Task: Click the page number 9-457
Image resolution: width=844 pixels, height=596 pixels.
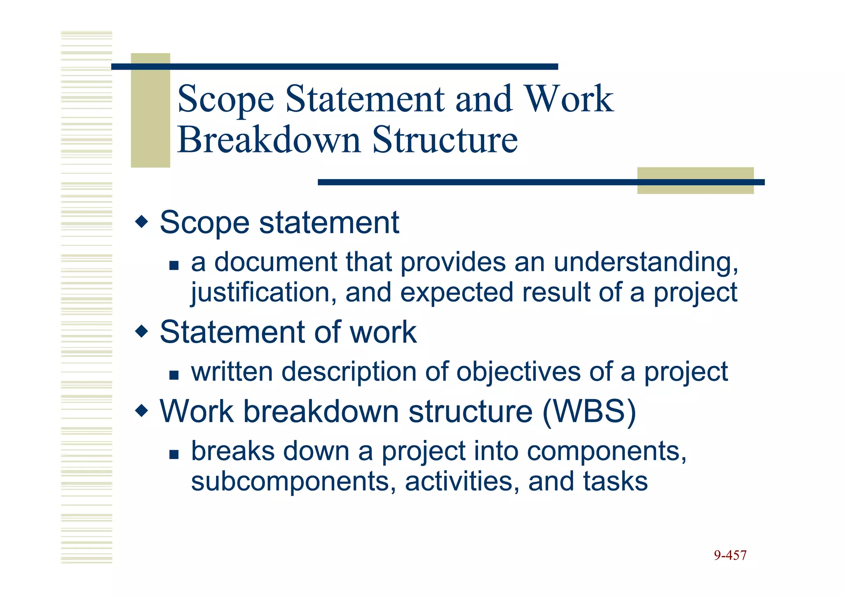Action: (730, 555)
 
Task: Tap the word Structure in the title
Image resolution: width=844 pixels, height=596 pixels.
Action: (445, 140)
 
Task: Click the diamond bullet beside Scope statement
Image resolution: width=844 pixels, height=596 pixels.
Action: (141, 222)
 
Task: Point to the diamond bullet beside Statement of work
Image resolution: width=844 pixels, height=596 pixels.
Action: (141, 331)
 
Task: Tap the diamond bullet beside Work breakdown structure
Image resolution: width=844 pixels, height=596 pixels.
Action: (141, 411)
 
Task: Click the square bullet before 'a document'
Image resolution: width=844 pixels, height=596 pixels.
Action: (174, 265)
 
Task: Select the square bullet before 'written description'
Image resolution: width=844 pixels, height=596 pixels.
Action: (174, 375)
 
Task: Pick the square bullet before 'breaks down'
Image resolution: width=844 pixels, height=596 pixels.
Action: (174, 454)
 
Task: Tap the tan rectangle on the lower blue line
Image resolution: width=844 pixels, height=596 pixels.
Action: (695, 181)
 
